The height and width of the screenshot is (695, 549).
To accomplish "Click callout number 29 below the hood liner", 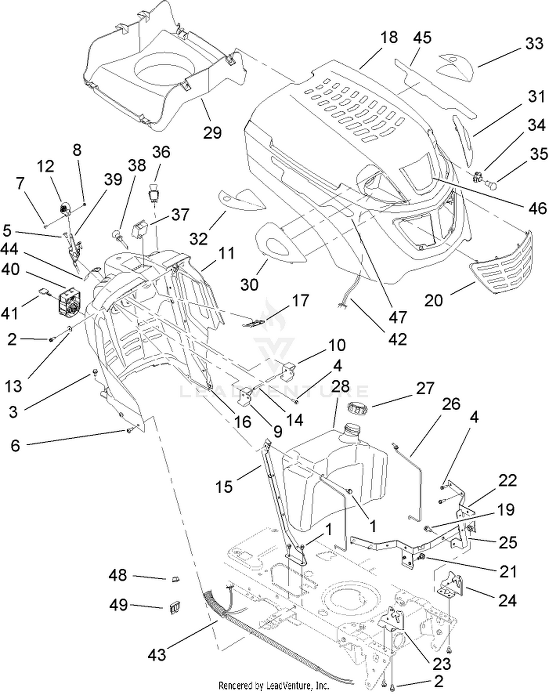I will point(212,132).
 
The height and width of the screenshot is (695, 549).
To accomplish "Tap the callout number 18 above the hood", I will point(388,37).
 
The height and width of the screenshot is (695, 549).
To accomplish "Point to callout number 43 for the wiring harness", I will point(157,654).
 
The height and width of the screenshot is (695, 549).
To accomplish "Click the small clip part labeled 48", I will point(175,579).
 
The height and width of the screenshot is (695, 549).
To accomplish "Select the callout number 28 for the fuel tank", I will point(340,387).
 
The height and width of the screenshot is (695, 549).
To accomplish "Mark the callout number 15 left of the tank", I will point(224,487).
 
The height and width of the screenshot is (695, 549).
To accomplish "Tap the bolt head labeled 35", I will point(492,185).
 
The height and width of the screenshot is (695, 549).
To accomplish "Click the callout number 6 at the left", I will point(15,446).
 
